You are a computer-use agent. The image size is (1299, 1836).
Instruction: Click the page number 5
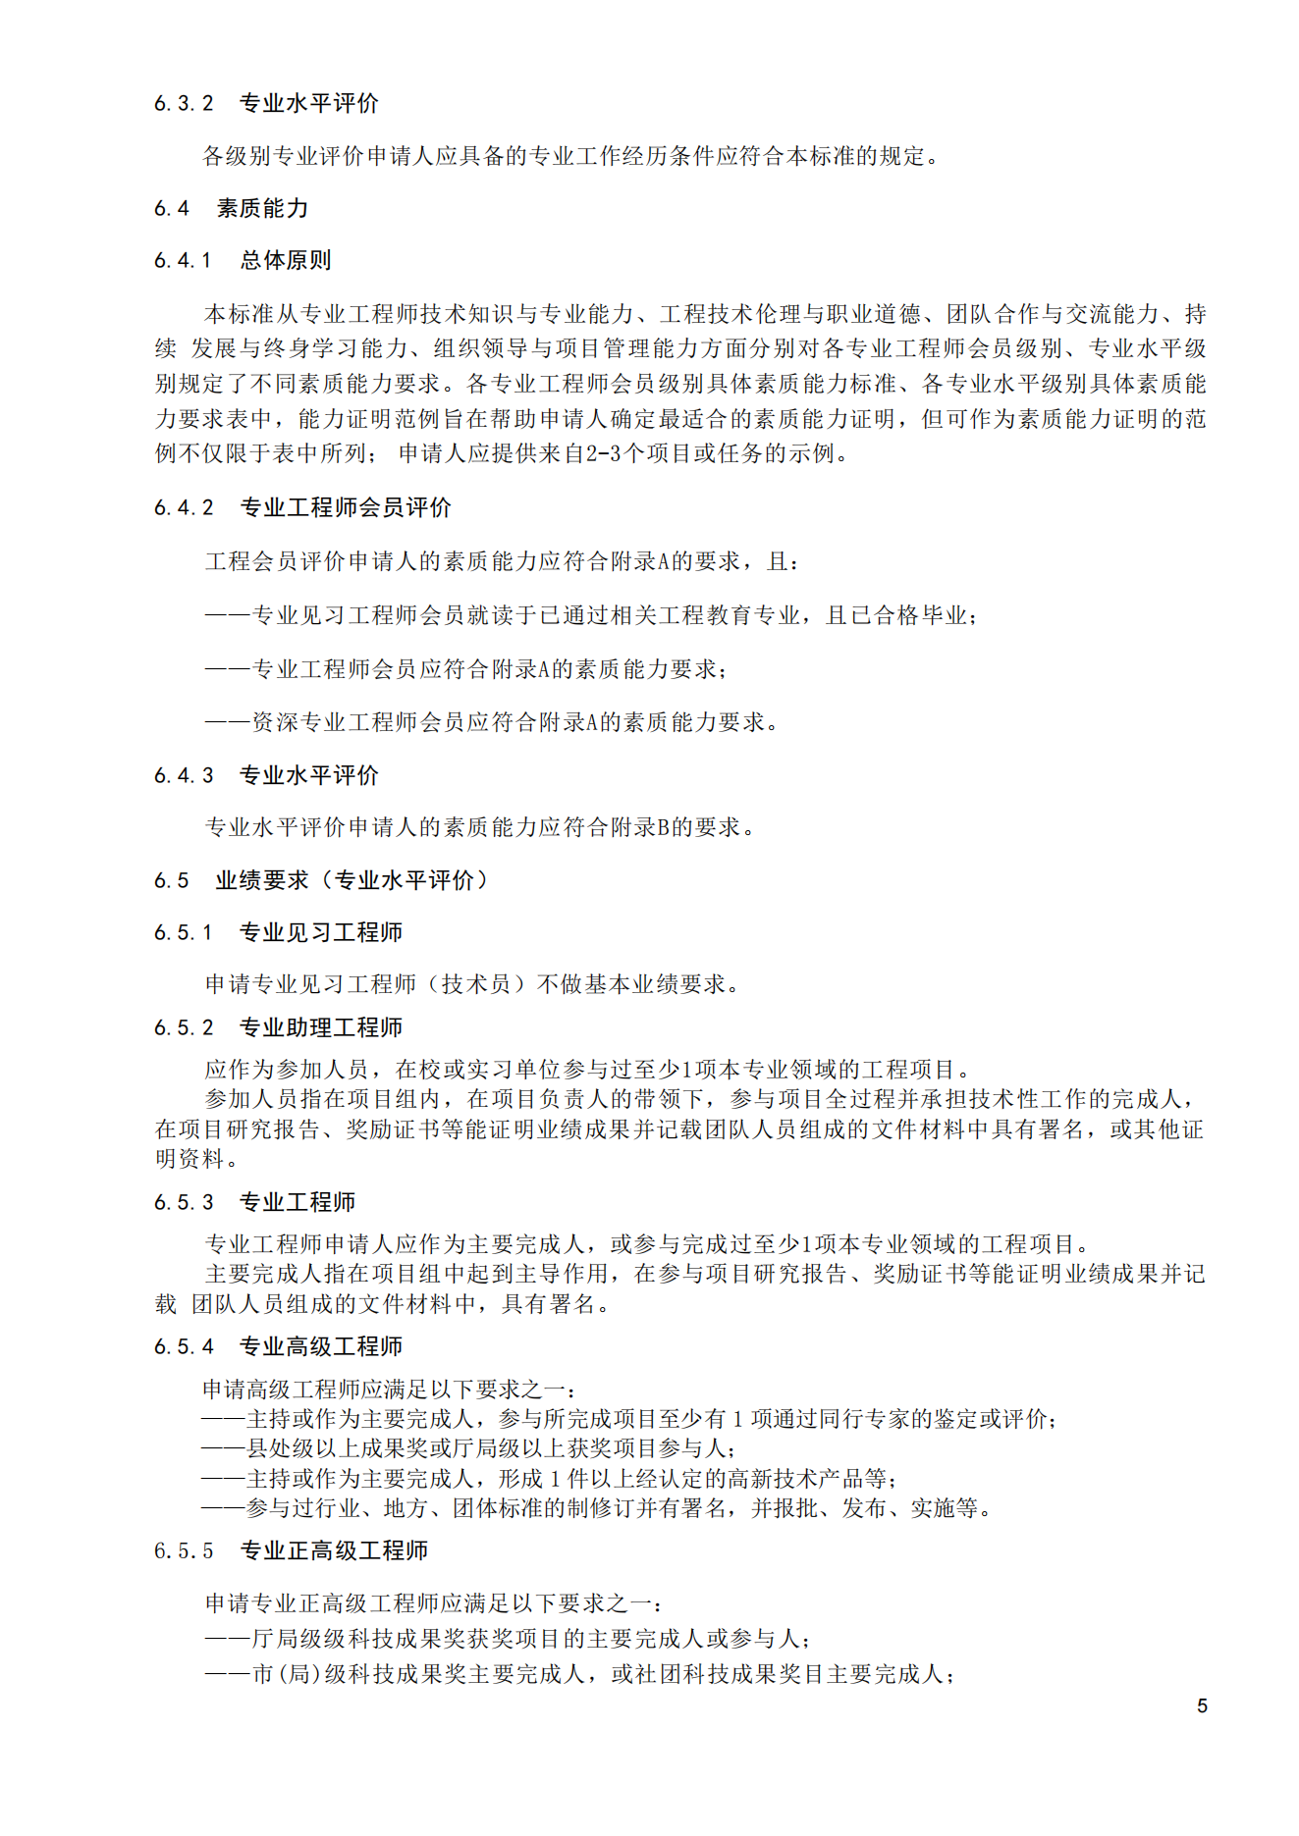click(1202, 1706)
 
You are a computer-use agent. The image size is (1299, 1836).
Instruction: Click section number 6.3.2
click(184, 104)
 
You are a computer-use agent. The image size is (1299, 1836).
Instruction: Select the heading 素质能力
click(262, 209)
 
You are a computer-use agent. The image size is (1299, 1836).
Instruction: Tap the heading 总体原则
click(286, 261)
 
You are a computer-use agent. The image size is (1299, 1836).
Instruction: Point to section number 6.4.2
click(184, 508)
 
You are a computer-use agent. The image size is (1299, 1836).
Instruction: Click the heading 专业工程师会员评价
click(346, 508)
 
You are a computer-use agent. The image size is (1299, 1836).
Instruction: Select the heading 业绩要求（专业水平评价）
click(352, 881)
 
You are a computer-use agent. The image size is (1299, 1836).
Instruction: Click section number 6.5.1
click(184, 933)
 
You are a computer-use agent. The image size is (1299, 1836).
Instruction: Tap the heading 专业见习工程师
click(321, 933)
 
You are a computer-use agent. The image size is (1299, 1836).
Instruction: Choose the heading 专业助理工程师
click(321, 1028)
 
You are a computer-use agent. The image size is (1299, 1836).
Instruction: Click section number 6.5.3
click(184, 1203)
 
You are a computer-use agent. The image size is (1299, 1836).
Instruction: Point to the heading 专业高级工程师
click(321, 1347)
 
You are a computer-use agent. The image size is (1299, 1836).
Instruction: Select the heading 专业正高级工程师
click(334, 1551)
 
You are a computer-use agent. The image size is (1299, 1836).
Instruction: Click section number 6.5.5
click(184, 1551)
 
